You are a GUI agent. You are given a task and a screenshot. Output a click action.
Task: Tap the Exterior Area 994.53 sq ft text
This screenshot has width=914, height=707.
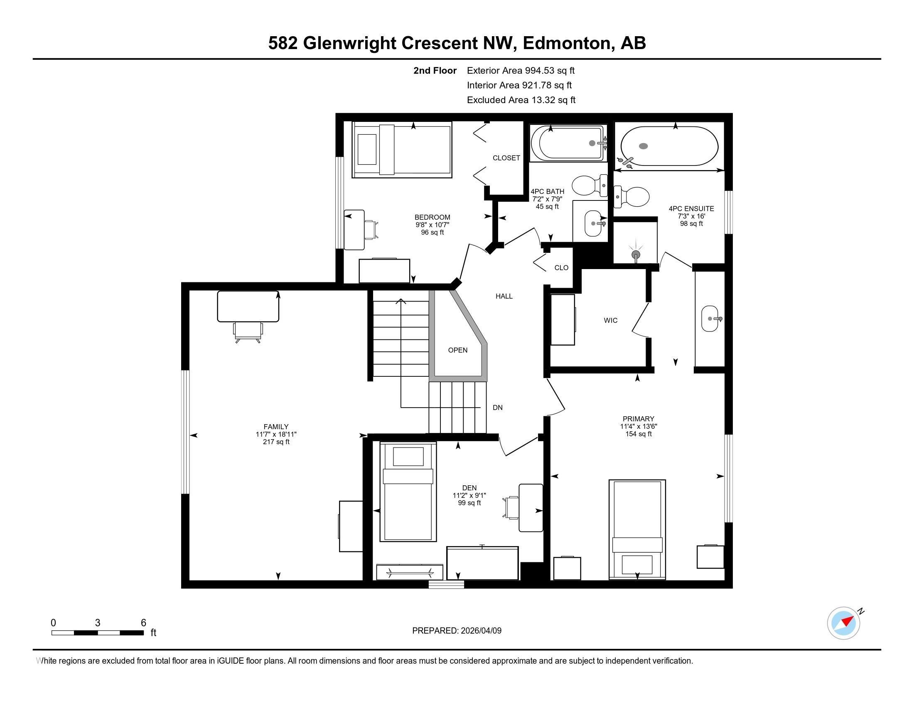(521, 71)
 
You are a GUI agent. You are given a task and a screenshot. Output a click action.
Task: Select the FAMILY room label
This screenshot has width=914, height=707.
(276, 427)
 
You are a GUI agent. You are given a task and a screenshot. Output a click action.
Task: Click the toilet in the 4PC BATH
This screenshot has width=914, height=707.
(588, 185)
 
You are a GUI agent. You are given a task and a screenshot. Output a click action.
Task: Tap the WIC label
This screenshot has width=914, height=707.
(610, 320)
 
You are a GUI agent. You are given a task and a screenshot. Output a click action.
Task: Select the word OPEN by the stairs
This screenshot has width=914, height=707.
(457, 350)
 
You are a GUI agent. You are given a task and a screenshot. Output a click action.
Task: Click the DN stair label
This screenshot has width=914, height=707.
(497, 408)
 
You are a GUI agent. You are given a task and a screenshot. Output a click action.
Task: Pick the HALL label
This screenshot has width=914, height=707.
(504, 296)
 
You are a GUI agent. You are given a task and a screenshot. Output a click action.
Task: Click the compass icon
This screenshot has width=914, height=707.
(843, 623)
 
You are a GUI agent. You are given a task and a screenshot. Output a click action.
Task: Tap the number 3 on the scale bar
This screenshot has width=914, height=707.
(98, 623)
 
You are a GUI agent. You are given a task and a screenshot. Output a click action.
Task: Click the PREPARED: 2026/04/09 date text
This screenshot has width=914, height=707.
(457, 631)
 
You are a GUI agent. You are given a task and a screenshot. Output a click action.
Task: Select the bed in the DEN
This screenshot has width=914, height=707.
(408, 492)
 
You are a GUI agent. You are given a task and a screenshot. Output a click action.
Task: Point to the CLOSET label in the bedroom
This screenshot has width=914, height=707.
(506, 158)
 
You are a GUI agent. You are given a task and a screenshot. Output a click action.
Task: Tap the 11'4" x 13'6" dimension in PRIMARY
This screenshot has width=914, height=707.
(638, 426)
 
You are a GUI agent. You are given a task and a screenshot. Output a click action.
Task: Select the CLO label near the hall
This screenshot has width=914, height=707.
(561, 268)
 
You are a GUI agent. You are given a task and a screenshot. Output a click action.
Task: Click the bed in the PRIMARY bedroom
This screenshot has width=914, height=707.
(637, 529)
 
